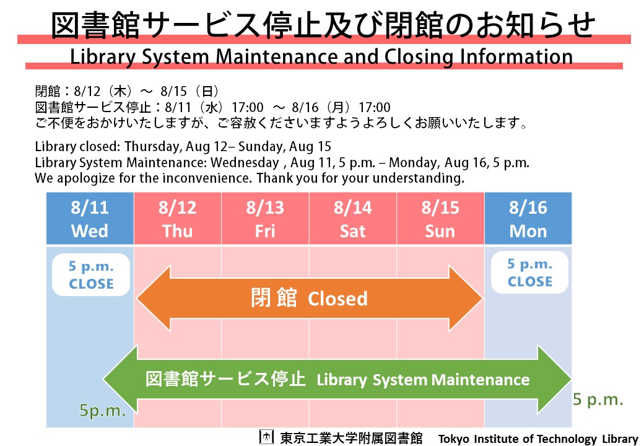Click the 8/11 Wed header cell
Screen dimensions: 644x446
(90, 219)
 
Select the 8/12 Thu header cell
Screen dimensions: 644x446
(178, 219)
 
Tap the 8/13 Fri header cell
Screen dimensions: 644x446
(265, 219)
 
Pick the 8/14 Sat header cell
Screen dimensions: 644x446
(353, 219)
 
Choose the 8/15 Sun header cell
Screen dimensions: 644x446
(440, 219)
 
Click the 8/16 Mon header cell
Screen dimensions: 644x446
(528, 219)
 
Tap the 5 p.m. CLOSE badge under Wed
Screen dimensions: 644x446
(91, 274)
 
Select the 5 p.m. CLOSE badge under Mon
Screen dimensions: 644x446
(530, 273)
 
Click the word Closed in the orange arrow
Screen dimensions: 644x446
(337, 299)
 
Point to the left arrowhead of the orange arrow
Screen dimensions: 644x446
(154, 299)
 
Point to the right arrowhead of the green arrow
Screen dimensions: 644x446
(554, 379)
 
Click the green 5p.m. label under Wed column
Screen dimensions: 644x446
(103, 410)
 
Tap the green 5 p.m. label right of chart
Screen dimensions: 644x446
(598, 399)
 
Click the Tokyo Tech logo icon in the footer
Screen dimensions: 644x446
(266, 437)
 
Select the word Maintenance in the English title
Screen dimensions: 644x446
(277, 56)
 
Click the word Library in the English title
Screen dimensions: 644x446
(103, 58)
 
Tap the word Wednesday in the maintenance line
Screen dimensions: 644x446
(245, 163)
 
